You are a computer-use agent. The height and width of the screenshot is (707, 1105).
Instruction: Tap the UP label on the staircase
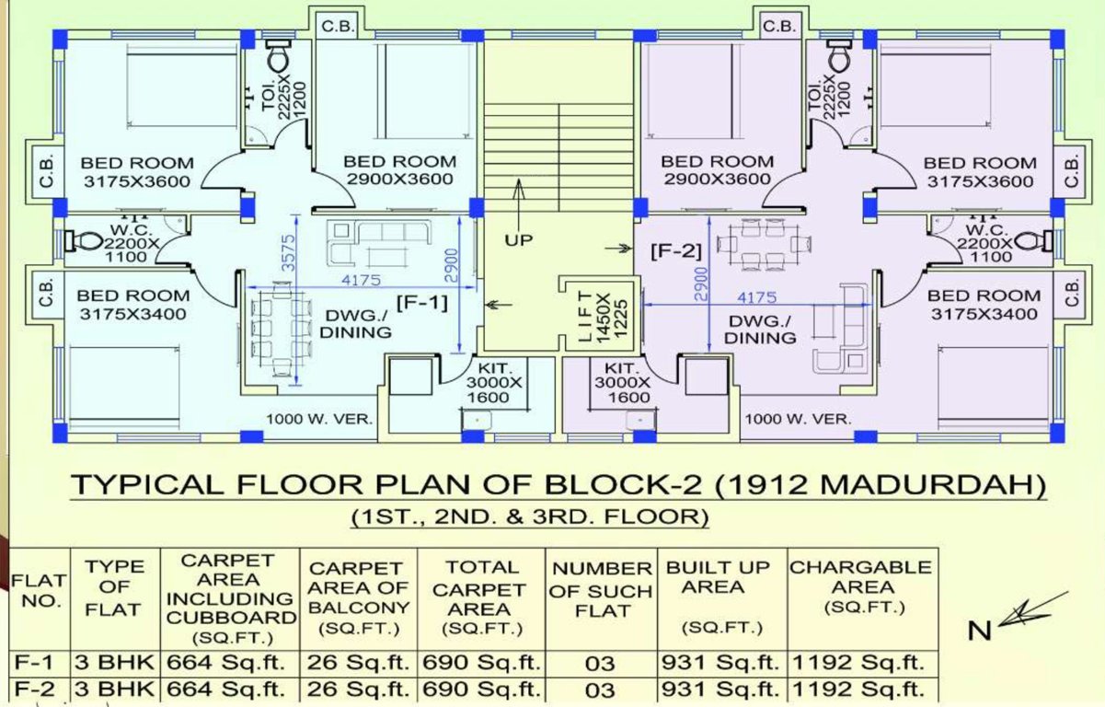pyautogui.click(x=519, y=241)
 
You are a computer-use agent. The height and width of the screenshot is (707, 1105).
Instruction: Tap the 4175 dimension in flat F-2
pyautogui.click(x=756, y=297)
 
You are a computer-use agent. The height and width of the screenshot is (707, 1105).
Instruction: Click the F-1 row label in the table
pyautogui.click(x=39, y=662)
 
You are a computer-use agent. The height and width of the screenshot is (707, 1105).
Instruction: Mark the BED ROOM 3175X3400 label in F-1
pyautogui.click(x=133, y=305)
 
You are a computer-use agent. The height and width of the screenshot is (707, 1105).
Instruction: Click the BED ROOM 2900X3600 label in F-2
pyautogui.click(x=717, y=170)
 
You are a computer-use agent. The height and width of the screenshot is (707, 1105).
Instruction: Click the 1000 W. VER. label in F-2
pyautogui.click(x=798, y=419)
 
